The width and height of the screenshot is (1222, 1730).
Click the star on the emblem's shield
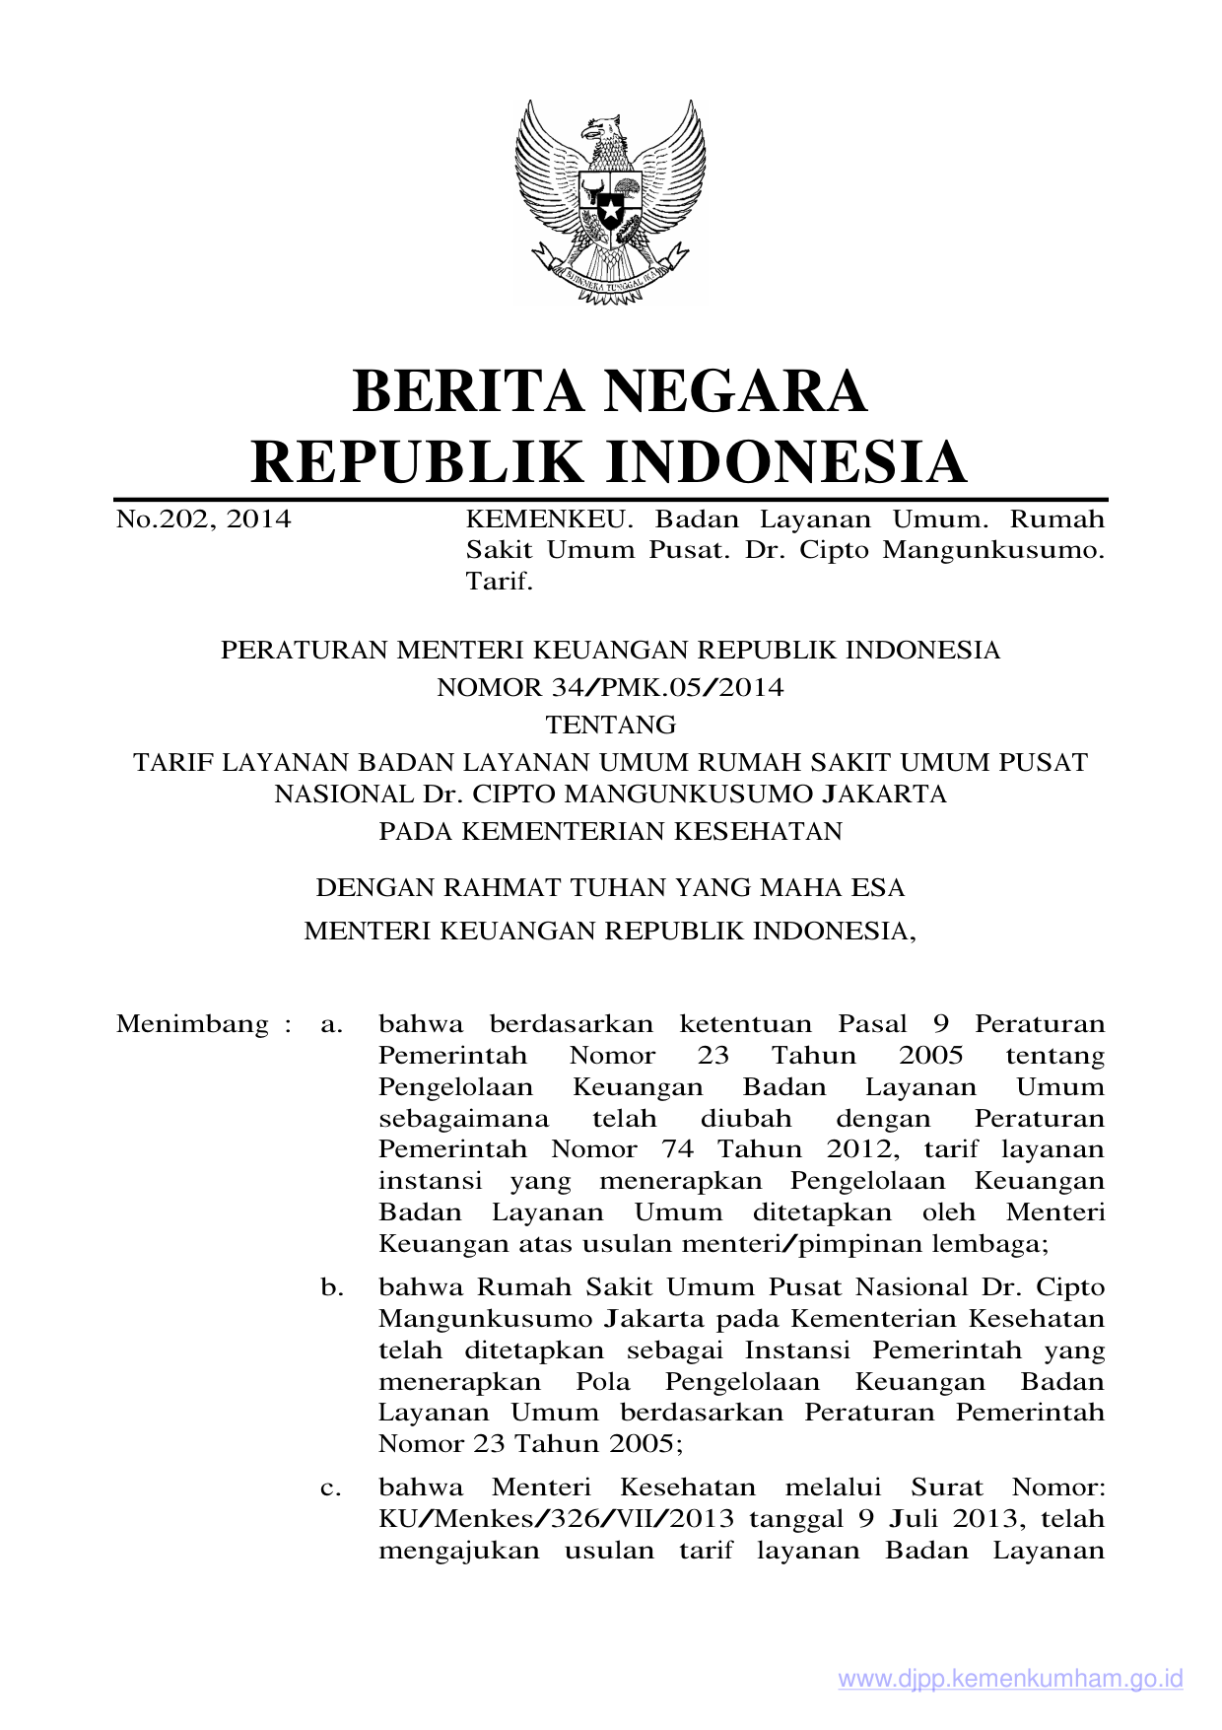[x=610, y=210]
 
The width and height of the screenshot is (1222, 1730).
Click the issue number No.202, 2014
[x=203, y=519]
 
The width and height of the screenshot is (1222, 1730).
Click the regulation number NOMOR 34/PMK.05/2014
[x=610, y=688]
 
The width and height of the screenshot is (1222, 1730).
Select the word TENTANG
[x=610, y=726]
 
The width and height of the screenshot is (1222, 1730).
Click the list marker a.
[x=332, y=1025]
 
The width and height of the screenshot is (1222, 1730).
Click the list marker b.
[x=332, y=1287]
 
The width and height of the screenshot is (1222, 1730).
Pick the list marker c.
[x=332, y=1488]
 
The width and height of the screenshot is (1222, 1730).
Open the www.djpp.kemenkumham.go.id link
[x=1010, y=1679]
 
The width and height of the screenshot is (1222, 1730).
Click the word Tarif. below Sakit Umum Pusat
[x=499, y=582]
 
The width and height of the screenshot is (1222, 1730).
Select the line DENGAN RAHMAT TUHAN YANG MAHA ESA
[x=610, y=888]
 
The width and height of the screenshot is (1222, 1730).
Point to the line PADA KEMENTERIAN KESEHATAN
[x=610, y=832]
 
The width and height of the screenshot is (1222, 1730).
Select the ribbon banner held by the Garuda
[x=610, y=279]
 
